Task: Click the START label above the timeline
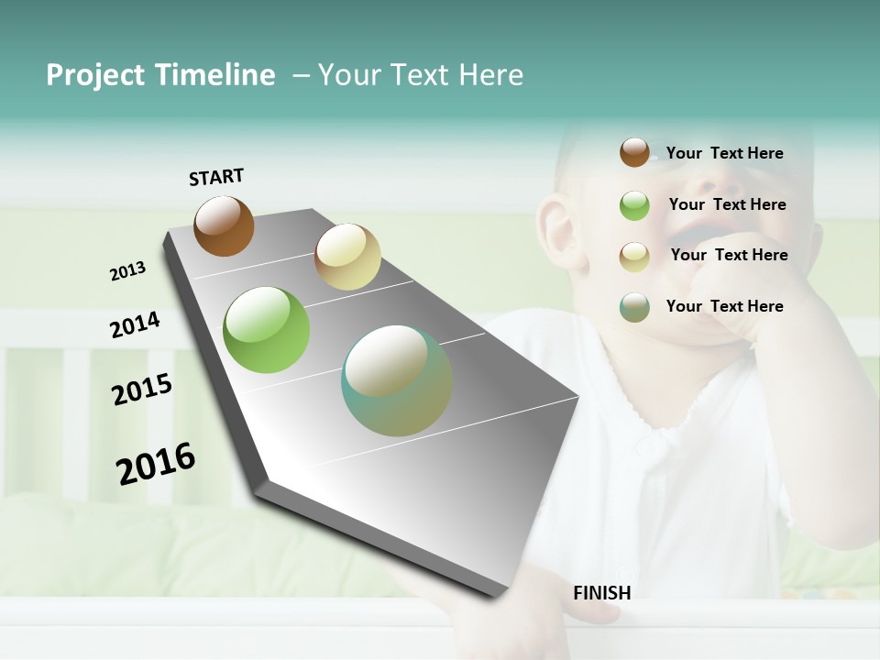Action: coord(216,177)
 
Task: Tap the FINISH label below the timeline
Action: coord(602,593)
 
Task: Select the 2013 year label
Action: coord(127,271)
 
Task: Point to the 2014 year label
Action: coord(135,325)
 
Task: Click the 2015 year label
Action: coord(142,390)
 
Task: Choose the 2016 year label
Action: coord(156,464)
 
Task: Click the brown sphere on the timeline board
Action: coord(224,225)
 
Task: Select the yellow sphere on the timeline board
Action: coord(347,257)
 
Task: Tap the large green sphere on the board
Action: coord(267,330)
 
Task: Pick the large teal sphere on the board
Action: coord(397,380)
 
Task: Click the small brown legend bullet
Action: coord(634,153)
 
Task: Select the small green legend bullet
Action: coord(634,205)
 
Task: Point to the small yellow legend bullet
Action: coord(634,257)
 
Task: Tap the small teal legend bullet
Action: coord(634,307)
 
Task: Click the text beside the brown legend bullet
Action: coord(724,153)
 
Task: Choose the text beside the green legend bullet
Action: coord(727,204)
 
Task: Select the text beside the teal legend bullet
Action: coord(724,306)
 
